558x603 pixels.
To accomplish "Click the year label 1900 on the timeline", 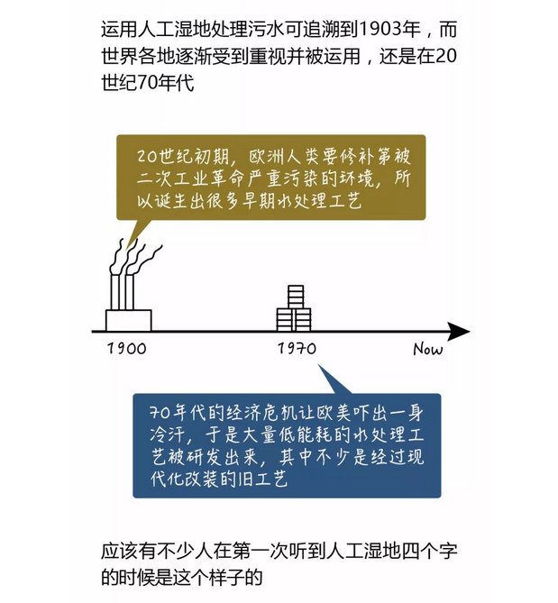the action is (x=127, y=349).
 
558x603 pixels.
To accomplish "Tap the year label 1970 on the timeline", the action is (x=297, y=349).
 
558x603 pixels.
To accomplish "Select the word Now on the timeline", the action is (x=428, y=349).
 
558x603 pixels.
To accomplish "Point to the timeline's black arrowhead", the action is (x=459, y=331).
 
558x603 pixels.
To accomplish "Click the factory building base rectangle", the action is (x=128, y=320).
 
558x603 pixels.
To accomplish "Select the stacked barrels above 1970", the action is (x=294, y=308).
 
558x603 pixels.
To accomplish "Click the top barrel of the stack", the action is (x=296, y=297).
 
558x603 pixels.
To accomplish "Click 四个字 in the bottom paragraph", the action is (x=429, y=551).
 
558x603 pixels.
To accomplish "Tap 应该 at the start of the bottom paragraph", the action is (x=119, y=551).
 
